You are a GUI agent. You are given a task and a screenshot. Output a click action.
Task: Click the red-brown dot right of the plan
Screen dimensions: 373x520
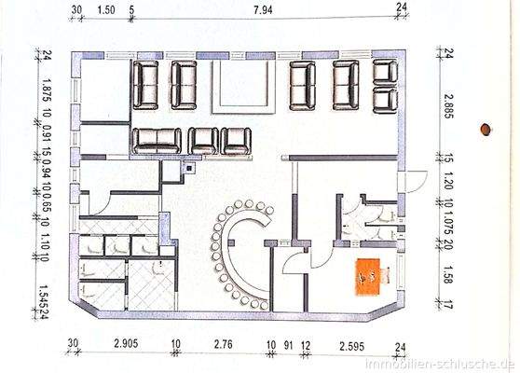485,129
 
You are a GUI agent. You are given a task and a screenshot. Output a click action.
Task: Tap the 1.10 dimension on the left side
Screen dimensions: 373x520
43,244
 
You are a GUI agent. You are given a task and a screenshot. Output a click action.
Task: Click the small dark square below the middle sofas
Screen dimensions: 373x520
190,169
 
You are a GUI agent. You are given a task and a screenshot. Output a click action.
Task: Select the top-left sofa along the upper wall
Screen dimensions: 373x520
149,84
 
